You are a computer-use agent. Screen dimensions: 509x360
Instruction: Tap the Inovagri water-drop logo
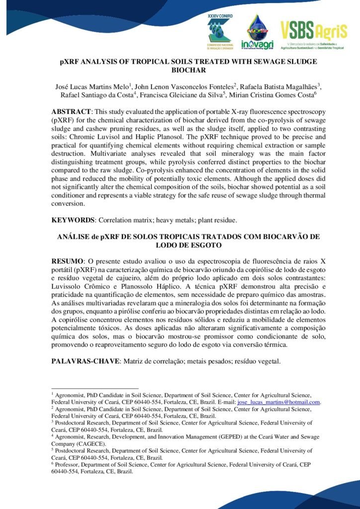click(x=257, y=32)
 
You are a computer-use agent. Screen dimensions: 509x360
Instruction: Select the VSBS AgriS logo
click(x=313, y=35)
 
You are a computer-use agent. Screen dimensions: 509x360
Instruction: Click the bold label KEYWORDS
click(x=73, y=220)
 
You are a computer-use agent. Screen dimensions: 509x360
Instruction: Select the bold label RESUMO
click(x=68, y=261)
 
